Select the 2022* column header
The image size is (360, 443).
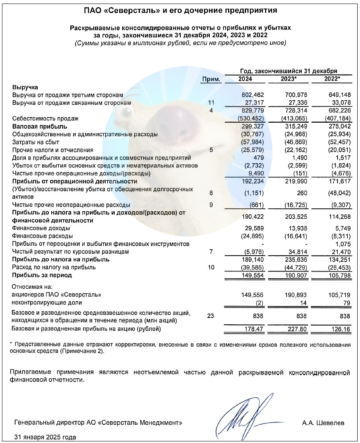[332, 79]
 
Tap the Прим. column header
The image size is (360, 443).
[211, 79]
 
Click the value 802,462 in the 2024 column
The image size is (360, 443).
[253, 95]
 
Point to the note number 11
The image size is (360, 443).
[211, 103]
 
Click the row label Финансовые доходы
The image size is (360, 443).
[41, 228]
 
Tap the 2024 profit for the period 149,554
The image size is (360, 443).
[253, 275]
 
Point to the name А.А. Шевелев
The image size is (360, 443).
[323, 423]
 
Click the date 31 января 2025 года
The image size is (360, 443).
[45, 437]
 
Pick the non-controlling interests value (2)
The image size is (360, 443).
[259, 302]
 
